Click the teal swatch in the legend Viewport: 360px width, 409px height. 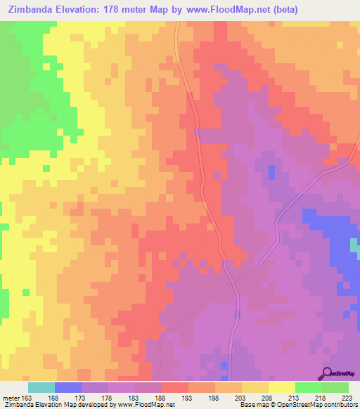coord(41,387)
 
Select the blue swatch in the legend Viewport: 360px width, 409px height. coord(67,387)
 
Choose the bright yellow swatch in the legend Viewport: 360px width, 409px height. coord(281,387)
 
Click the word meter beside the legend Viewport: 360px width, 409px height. coord(9,397)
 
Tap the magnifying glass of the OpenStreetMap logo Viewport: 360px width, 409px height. coord(326,372)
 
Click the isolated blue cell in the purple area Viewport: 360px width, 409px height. coord(271,171)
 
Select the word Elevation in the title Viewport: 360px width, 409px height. coord(82,10)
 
